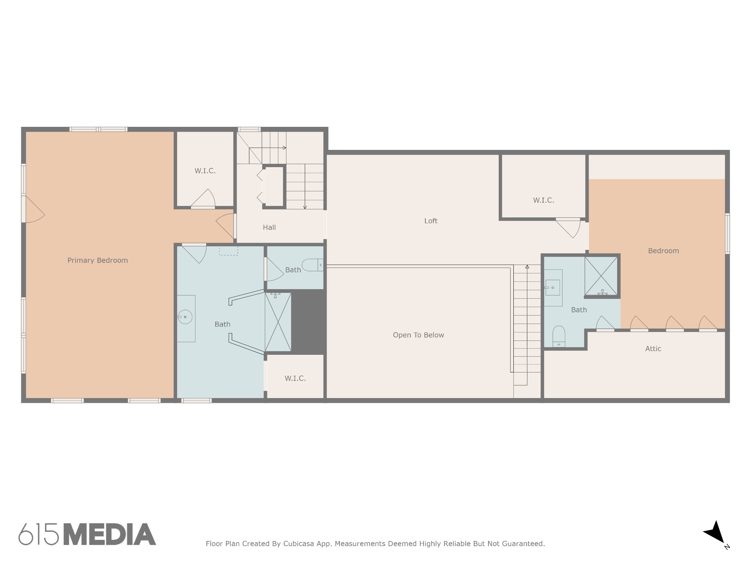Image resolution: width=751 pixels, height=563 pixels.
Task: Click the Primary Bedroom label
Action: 98,260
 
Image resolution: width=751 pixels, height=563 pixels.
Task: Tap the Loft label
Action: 431,221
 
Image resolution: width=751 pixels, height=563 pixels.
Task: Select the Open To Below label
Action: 418,335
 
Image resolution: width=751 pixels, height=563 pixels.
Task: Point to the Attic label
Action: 653,349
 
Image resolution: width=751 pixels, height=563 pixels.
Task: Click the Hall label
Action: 269,227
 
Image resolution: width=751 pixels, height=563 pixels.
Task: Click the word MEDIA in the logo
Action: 110,534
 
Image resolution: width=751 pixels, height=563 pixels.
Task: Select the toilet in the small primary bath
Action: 312,265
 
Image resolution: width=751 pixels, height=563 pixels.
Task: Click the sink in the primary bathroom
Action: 186,317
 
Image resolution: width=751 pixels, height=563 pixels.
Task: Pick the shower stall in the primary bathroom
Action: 278,322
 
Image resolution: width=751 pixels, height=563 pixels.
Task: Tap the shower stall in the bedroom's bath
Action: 601,276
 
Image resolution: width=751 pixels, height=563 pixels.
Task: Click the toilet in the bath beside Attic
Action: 559,336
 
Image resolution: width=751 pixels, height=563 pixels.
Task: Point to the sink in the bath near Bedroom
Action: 553,287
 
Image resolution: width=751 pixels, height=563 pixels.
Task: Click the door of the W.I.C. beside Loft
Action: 568,228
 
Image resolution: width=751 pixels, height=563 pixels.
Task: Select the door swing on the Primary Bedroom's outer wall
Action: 34,209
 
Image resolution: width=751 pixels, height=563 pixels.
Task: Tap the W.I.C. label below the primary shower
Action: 295,378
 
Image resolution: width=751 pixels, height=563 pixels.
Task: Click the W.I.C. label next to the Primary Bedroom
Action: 205,171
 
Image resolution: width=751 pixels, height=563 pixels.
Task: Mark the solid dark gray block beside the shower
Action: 308,322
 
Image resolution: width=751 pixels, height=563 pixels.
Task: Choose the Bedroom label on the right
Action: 663,251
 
